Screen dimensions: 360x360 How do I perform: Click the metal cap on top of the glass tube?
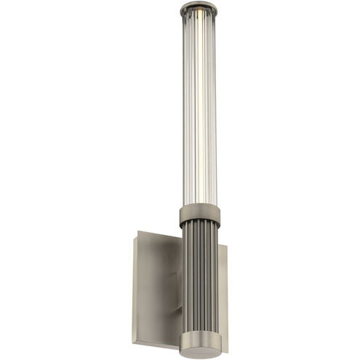pos(199,8)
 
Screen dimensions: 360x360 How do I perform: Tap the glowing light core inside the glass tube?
pos(200,109)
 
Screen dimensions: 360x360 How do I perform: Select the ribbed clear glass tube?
pos(191,109)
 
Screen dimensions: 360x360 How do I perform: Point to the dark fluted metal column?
pos(199,276)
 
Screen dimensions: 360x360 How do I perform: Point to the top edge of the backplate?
pos(156,234)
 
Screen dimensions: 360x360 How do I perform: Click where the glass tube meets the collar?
pos(199,206)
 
